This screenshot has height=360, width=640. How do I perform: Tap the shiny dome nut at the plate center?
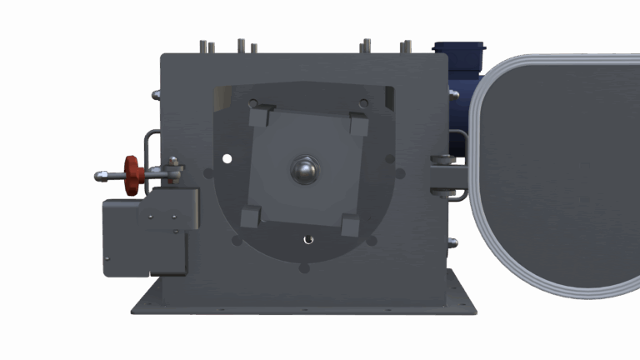[306, 171]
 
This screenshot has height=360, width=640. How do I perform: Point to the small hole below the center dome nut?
[308, 239]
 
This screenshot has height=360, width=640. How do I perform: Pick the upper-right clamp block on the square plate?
[358, 125]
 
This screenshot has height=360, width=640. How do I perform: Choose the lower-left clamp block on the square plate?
[250, 217]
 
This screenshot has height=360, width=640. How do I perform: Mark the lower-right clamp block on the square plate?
[350, 226]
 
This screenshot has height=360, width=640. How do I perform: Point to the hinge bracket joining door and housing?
[447, 177]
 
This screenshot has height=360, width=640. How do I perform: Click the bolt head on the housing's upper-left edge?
[156, 95]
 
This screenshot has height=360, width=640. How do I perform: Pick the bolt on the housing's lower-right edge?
[452, 242]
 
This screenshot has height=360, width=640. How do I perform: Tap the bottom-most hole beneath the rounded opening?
[303, 268]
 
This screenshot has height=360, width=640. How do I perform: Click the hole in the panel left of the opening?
[207, 173]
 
